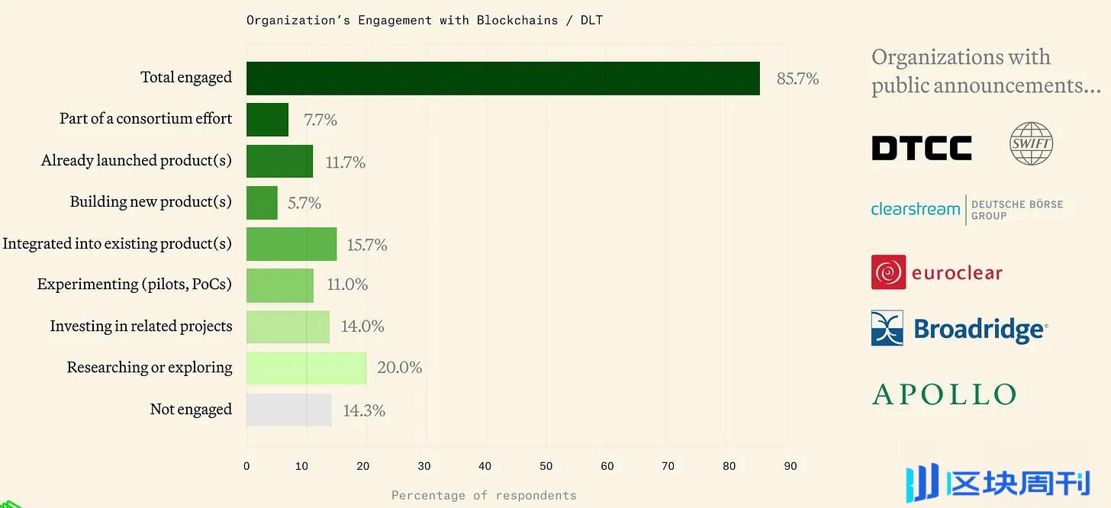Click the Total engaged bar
[503, 79]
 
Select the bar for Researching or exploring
[306, 368]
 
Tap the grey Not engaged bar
[288, 410]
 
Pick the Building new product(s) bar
[262, 203]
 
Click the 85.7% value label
[797, 79]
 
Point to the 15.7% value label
[367, 245]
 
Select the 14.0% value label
[362, 326]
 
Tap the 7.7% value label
[320, 120]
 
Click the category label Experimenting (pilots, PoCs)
[134, 285]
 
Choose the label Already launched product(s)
[137, 161]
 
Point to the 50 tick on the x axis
[546, 466]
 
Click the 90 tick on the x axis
[791, 466]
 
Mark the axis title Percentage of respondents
[484, 496]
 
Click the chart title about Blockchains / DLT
[424, 20]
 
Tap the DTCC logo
[922, 148]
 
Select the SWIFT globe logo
[1031, 143]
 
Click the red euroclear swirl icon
[888, 272]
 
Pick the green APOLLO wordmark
[944, 394]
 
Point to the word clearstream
[915, 208]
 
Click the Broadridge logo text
[980, 330]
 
